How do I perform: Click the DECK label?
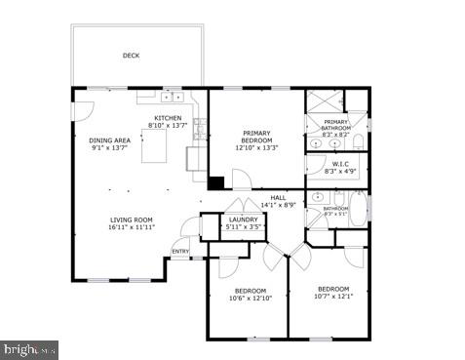point(131,56)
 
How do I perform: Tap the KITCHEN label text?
point(167,118)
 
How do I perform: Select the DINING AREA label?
point(109,140)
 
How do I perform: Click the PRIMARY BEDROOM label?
point(256,134)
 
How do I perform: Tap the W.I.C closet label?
point(340,164)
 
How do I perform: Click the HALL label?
point(278,197)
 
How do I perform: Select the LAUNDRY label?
point(243,220)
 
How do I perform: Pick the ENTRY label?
point(180,251)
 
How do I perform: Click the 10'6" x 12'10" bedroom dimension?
point(247,299)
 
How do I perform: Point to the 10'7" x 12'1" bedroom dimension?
point(333,297)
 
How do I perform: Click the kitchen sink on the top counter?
point(173,97)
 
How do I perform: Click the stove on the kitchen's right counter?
point(199,126)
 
